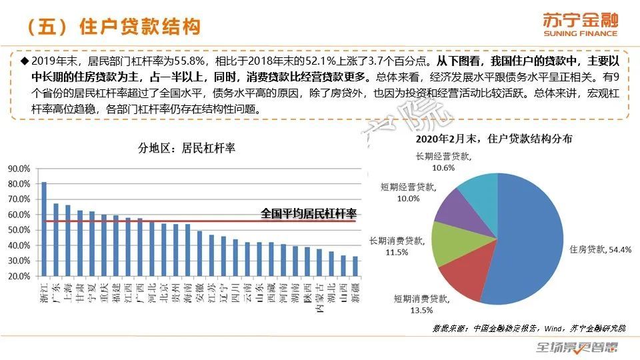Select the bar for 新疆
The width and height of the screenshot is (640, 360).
[x=355, y=266]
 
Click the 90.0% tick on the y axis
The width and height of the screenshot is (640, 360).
[x=19, y=169]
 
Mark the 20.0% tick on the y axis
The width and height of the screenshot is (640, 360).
[x=19, y=276]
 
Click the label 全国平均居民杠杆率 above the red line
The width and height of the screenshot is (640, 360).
[x=309, y=214]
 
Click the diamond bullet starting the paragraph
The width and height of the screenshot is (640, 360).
[x=25, y=61]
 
